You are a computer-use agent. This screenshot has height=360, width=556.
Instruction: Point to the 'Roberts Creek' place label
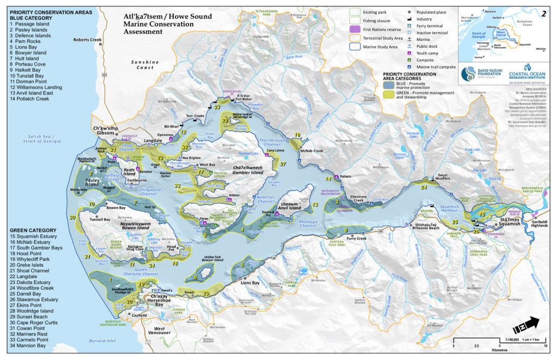(x=87, y=40)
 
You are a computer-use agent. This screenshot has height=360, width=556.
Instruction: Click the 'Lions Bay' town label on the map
(x=250, y=283)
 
